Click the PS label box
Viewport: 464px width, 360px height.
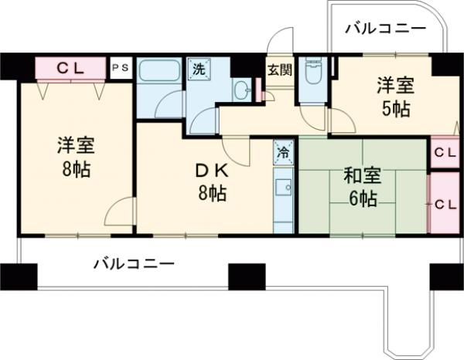click(120, 68)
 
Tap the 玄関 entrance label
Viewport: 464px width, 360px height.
click(279, 69)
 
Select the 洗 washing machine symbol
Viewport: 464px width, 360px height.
click(199, 68)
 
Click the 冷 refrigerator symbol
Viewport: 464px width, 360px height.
click(283, 151)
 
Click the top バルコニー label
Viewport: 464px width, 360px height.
click(384, 29)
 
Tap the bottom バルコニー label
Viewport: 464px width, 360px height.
click(135, 263)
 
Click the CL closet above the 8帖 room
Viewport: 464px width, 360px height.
click(70, 68)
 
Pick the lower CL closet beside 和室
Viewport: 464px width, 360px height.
click(444, 204)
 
